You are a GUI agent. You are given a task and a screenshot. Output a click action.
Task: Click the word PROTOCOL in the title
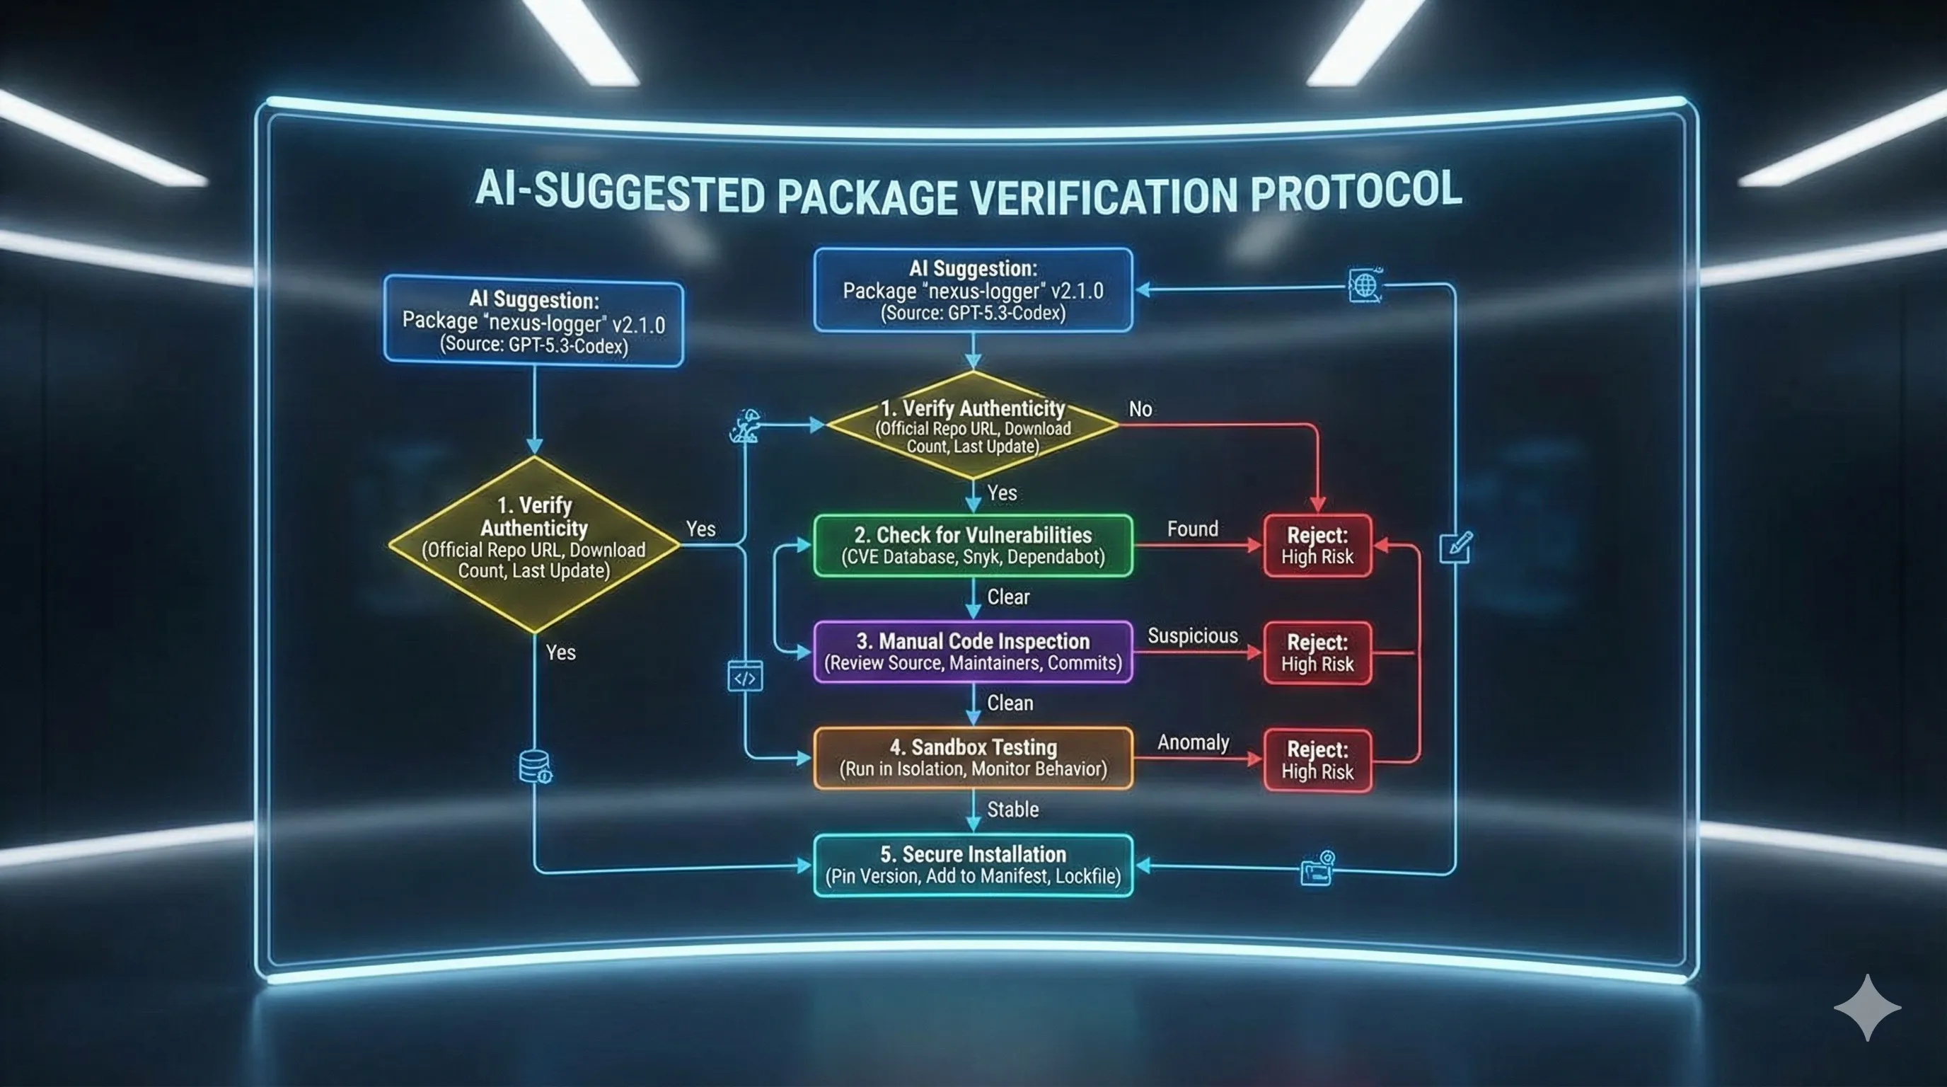tap(1356, 190)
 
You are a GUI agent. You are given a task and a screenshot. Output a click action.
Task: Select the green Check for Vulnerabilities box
tap(973, 546)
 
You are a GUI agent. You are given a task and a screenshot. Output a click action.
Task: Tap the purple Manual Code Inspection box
tap(973, 652)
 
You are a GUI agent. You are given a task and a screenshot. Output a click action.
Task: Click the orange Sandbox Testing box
tap(973, 758)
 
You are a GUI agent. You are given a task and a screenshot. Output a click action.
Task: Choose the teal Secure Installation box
tap(973, 865)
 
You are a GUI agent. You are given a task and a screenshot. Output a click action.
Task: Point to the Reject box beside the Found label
tap(1317, 546)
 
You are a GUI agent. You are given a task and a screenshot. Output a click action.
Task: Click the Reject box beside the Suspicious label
tap(1317, 653)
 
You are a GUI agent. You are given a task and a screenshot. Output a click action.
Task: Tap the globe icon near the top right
tap(1365, 286)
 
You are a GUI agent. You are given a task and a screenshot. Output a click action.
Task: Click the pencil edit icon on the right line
tap(1456, 546)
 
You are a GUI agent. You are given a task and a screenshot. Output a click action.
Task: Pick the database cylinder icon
tap(535, 766)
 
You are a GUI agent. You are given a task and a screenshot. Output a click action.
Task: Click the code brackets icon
tap(744, 677)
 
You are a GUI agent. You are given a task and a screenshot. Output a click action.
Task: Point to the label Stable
tap(1013, 810)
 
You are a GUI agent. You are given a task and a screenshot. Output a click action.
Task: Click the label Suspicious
tap(1193, 635)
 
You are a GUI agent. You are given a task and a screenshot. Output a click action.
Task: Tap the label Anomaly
tap(1193, 742)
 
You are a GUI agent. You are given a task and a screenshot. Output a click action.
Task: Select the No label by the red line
tap(1140, 409)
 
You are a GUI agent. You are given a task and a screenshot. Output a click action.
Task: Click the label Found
tap(1192, 529)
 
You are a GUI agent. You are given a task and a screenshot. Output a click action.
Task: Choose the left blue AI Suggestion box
tap(533, 321)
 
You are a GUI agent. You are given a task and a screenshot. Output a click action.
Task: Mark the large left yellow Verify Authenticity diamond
tap(533, 544)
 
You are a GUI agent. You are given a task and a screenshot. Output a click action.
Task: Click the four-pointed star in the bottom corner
tap(1867, 1008)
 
